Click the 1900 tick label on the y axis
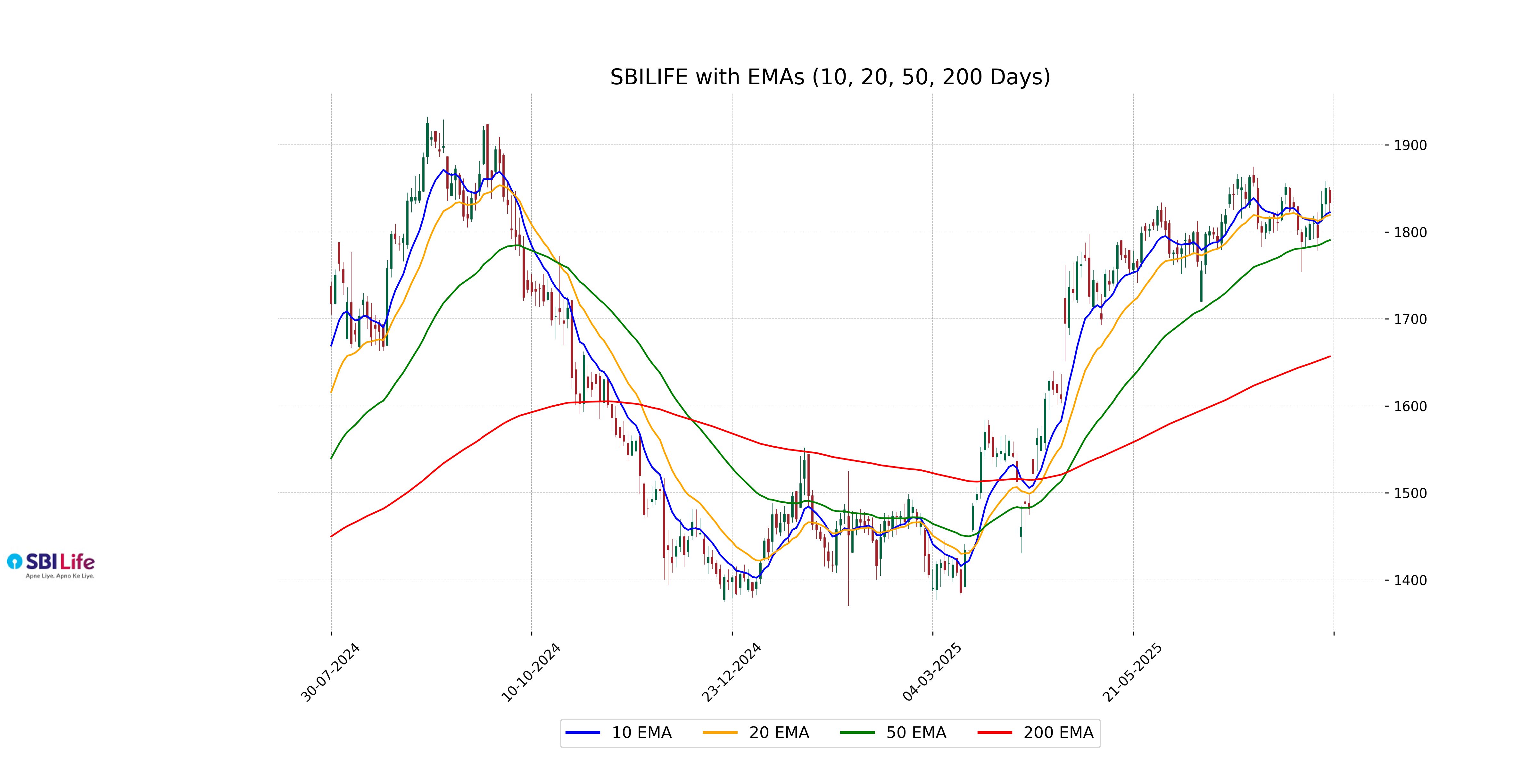[1410, 145]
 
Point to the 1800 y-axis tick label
[1410, 232]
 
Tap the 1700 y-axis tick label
[1410, 319]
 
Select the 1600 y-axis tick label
[1410, 406]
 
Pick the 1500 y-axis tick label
[1410, 493]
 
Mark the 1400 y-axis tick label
[1410, 580]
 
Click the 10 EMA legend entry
[618, 732]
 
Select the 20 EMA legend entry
[756, 732]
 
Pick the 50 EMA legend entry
[893, 732]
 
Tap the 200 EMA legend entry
[1036, 732]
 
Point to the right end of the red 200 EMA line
[1330, 356]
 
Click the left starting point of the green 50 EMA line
[331, 458]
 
